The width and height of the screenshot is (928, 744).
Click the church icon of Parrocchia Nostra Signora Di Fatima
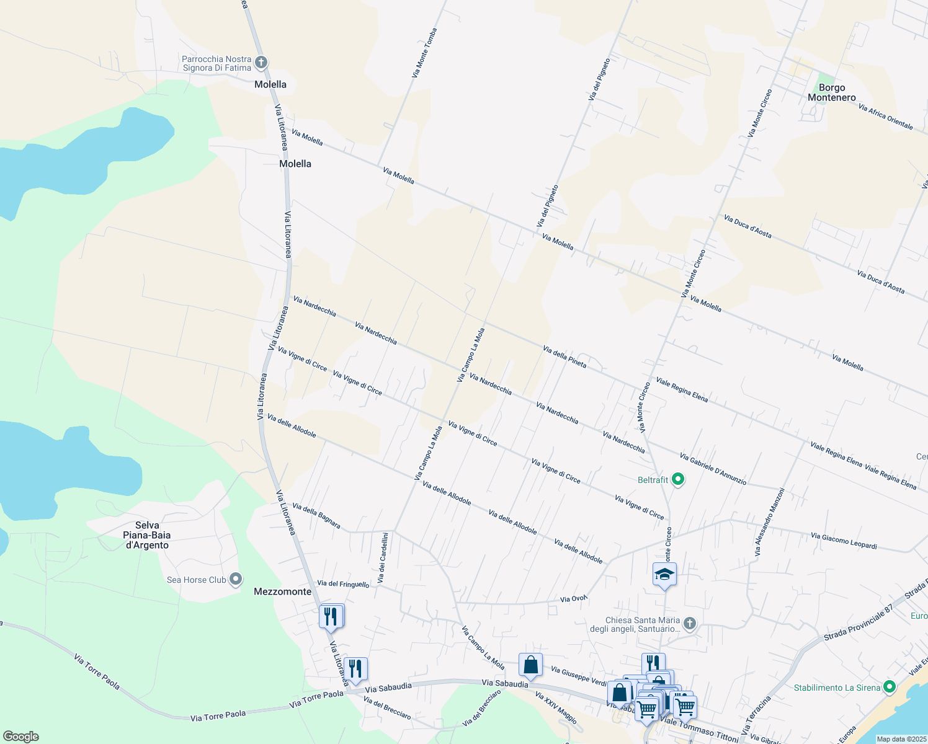tap(261, 62)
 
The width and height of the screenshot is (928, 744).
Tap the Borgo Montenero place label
tap(832, 92)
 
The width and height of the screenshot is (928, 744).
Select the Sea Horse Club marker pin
tap(236, 580)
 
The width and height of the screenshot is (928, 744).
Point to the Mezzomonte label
tap(283, 591)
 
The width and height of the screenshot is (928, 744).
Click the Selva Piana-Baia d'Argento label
tap(147, 535)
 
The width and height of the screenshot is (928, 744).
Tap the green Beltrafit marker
tap(678, 479)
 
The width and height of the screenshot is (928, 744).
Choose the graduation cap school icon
tap(664, 574)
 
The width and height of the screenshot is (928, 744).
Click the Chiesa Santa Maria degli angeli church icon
tap(690, 623)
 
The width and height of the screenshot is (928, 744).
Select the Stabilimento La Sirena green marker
tap(890, 686)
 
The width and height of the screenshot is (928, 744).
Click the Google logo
tap(20, 737)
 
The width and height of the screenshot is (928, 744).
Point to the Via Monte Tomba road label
tap(425, 53)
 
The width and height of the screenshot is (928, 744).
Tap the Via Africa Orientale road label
tap(885, 117)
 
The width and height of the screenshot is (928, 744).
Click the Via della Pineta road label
tap(564, 356)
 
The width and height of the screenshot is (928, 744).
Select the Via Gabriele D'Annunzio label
tap(713, 469)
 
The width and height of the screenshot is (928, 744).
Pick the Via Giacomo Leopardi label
tap(844, 541)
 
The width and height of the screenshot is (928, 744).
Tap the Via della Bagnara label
tap(316, 516)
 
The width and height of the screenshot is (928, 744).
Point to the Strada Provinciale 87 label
tap(857, 622)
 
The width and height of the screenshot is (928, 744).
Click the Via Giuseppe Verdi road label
tap(579, 676)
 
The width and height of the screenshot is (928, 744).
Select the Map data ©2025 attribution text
tap(901, 739)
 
